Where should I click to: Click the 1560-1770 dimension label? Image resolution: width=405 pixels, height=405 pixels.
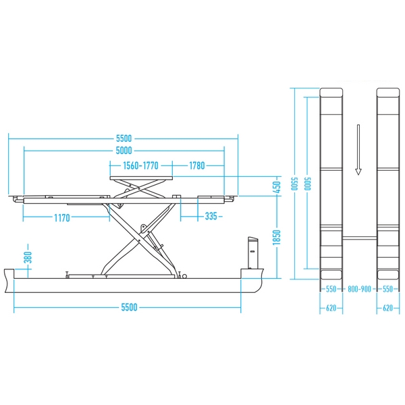pyautogui.click(x=140, y=165)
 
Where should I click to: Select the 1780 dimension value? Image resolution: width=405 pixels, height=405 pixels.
pyautogui.click(x=197, y=165)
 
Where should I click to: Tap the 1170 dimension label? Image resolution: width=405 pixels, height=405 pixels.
pyautogui.click(x=62, y=218)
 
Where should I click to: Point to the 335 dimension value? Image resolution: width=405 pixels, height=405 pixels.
pyautogui.click(x=211, y=216)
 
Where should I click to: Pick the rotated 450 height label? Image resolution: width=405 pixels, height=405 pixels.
pyautogui.click(x=276, y=187)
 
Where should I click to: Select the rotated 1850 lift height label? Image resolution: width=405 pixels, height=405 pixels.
pyautogui.click(x=276, y=238)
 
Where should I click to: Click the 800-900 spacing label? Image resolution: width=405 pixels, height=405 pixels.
pyautogui.click(x=359, y=289)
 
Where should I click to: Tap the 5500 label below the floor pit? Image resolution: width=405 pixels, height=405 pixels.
pyautogui.click(x=129, y=307)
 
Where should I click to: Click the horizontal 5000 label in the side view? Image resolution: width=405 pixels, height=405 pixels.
pyautogui.click(x=124, y=151)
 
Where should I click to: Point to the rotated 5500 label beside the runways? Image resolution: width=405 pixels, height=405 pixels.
pyautogui.click(x=294, y=184)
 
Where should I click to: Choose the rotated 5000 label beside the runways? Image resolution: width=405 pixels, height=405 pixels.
pyautogui.click(x=307, y=184)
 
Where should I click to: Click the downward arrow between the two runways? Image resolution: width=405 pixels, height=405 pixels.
pyautogui.click(x=358, y=150)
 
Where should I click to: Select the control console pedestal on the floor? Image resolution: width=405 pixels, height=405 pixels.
pyautogui.click(x=253, y=252)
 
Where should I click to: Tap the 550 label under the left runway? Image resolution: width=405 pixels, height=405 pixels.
pyautogui.click(x=331, y=289)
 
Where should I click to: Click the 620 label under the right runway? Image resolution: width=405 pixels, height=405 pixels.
pyautogui.click(x=387, y=308)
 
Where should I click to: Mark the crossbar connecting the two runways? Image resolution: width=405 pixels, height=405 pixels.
pyautogui.click(x=360, y=238)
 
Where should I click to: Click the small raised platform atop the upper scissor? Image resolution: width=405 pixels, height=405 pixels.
pyautogui.click(x=141, y=178)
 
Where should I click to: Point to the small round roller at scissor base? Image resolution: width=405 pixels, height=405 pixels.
pyautogui.click(x=184, y=276)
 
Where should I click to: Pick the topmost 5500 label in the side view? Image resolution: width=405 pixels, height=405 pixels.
pyautogui.click(x=124, y=138)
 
